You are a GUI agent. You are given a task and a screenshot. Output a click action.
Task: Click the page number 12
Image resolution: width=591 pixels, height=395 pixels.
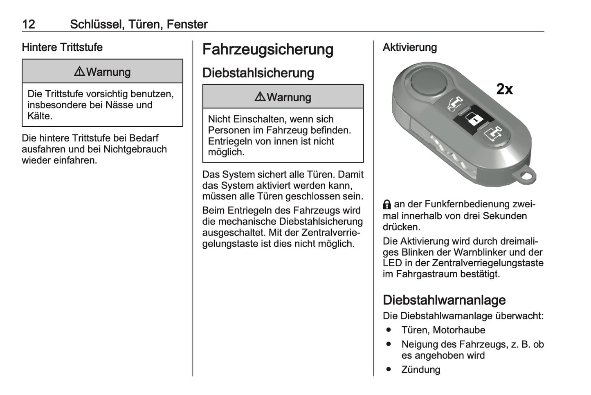click(x=29, y=24)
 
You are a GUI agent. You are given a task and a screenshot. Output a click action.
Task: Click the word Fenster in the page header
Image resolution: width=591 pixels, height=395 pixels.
click(x=187, y=24)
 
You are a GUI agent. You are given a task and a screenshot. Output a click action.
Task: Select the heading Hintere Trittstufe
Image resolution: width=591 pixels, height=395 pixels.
click(x=62, y=47)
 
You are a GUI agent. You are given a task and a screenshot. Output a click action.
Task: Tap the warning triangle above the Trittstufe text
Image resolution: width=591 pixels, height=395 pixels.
click(x=79, y=72)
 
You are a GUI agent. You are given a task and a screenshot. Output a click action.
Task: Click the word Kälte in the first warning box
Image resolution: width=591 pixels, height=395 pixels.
click(x=39, y=116)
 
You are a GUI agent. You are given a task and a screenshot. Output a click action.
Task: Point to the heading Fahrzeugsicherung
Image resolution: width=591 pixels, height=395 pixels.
click(x=268, y=49)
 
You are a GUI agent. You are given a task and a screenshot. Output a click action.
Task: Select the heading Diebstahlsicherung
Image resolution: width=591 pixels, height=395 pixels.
click(x=258, y=73)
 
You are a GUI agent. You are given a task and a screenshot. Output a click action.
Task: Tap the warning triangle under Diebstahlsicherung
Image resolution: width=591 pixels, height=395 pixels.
click(x=260, y=97)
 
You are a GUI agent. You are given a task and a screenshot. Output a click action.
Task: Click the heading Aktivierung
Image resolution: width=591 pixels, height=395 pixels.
click(x=410, y=47)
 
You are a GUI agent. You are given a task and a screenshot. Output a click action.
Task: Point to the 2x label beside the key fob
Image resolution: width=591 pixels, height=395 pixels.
click(x=504, y=89)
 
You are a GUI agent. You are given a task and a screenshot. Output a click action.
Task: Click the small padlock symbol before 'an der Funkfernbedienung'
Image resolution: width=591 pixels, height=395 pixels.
click(x=387, y=204)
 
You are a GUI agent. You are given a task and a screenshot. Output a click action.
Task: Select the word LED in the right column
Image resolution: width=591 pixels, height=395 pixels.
click(x=392, y=263)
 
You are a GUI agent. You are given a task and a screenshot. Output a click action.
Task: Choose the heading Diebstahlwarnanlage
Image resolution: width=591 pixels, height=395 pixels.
click(x=444, y=300)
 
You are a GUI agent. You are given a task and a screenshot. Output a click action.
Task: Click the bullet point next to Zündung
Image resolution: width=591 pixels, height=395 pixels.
click(x=389, y=369)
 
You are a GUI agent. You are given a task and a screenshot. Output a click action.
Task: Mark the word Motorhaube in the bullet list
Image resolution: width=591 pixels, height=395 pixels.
click(x=459, y=330)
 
